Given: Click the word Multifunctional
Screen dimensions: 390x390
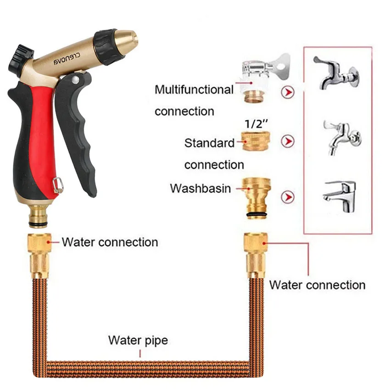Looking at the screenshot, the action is coord(194,90).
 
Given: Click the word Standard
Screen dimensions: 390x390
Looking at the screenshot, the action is coord(209,143).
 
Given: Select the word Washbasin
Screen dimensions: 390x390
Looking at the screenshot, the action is coord(200,189).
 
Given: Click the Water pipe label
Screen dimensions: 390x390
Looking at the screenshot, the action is coord(138,341).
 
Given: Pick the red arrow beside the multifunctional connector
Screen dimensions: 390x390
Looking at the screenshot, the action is coord(287,93).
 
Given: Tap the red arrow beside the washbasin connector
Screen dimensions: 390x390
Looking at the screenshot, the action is coord(288,197).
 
